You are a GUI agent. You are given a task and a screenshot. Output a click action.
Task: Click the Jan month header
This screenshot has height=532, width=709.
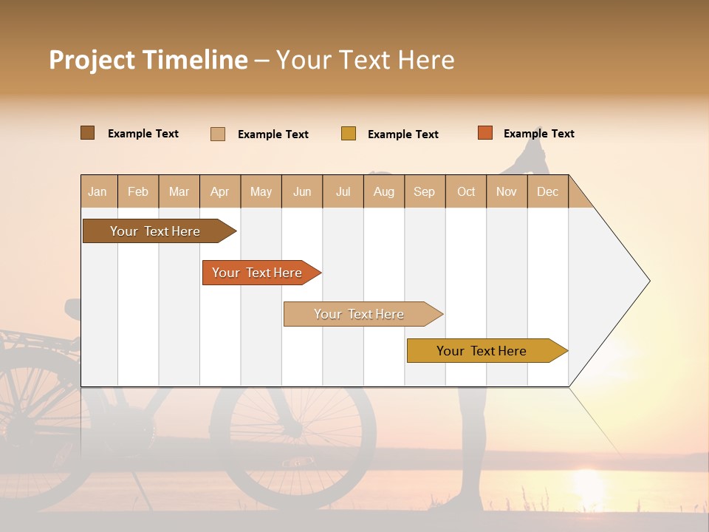(x=97, y=191)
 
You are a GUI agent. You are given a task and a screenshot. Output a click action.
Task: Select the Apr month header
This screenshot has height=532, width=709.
(x=219, y=191)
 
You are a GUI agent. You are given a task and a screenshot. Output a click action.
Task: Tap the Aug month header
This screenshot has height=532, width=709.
(x=383, y=191)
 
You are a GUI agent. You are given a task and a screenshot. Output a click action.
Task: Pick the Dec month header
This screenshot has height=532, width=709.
(x=547, y=191)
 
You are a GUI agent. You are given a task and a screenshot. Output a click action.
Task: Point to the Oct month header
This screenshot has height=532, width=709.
(x=466, y=191)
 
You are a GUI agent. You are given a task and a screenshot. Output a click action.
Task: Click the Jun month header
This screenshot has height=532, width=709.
(x=302, y=191)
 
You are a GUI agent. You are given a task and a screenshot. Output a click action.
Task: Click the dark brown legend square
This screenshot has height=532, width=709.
(x=87, y=133)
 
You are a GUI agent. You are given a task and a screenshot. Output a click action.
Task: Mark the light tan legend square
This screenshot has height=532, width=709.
(x=217, y=134)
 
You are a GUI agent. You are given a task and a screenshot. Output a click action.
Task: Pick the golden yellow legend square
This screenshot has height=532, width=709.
(x=348, y=134)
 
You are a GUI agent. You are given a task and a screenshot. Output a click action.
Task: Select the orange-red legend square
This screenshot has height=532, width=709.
(x=484, y=133)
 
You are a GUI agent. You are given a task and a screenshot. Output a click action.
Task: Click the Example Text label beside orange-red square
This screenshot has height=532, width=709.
(x=538, y=134)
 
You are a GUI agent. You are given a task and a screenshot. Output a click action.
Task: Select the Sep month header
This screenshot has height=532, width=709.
(x=424, y=191)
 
